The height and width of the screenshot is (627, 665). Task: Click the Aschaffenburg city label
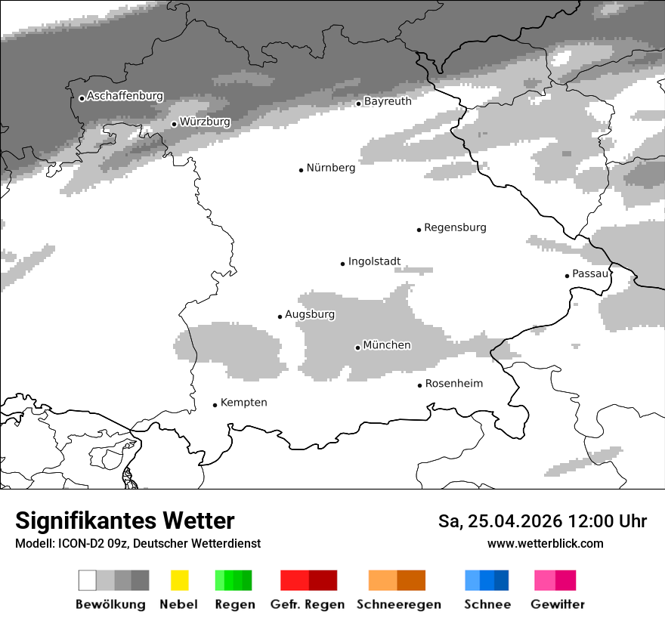(125, 97)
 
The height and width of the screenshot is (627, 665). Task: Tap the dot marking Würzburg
(174, 124)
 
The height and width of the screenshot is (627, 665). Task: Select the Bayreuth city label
(388, 101)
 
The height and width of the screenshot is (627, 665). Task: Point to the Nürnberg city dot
(301, 170)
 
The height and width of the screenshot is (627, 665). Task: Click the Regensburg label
(455, 227)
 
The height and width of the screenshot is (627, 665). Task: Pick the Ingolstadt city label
(374, 262)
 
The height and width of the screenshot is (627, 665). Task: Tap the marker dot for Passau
(567, 276)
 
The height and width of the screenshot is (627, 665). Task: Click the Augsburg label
(310, 314)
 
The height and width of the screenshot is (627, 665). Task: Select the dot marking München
(357, 347)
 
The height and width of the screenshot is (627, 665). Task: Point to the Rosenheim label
(453, 384)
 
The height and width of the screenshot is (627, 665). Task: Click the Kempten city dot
(215, 405)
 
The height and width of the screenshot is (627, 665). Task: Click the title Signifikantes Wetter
(125, 521)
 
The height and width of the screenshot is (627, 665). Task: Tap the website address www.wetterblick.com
(546, 543)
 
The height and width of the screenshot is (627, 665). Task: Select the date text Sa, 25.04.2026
(500, 521)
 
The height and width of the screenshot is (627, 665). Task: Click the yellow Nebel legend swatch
(179, 580)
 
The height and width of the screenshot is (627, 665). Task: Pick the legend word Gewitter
(558, 604)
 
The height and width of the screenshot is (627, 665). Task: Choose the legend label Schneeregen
(399, 604)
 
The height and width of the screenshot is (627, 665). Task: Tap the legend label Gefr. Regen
(308, 604)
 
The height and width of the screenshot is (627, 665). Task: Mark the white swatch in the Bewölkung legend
(87, 580)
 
